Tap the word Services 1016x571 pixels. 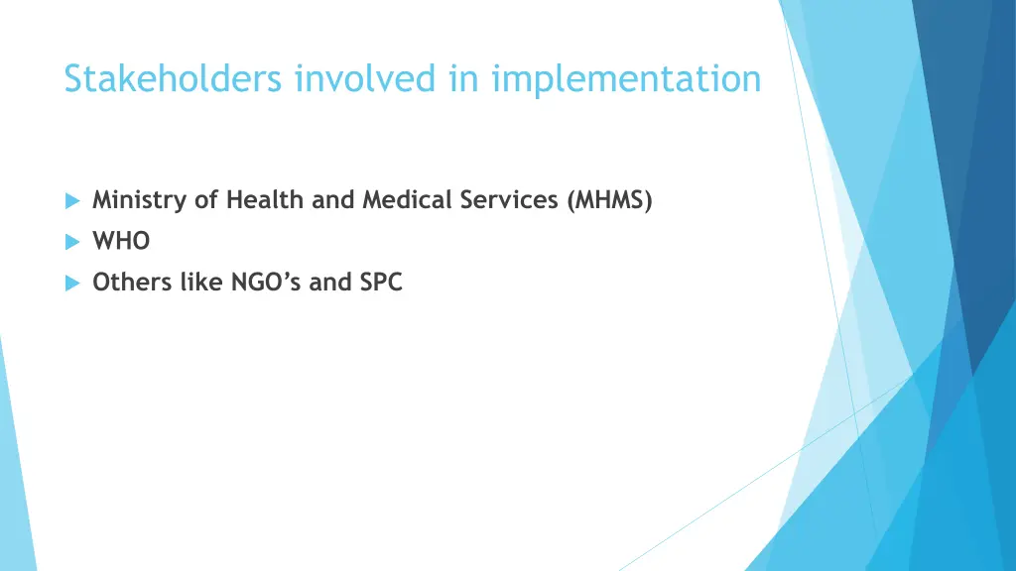pyautogui.click(x=509, y=200)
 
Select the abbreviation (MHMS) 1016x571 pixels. pyautogui.click(x=610, y=200)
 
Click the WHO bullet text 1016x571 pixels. pyautogui.click(x=121, y=242)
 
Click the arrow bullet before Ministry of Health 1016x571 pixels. pyautogui.click(x=71, y=201)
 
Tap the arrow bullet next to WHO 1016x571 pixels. pyautogui.click(x=71, y=242)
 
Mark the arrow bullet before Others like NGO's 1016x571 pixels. pyautogui.click(x=71, y=284)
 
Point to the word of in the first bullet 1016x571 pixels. pyautogui.click(x=205, y=200)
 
